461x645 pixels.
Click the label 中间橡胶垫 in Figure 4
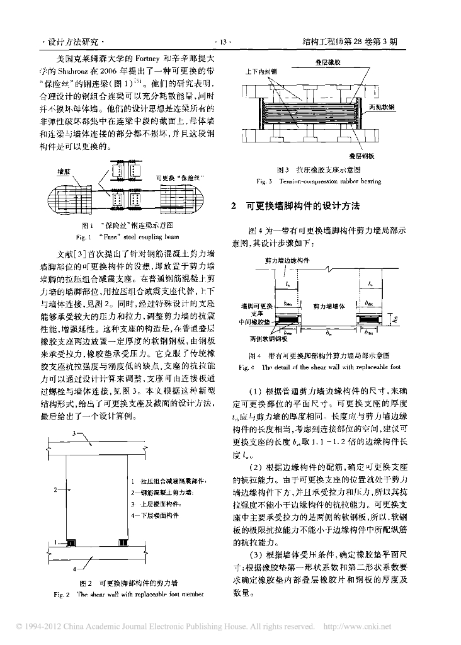(254, 320)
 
